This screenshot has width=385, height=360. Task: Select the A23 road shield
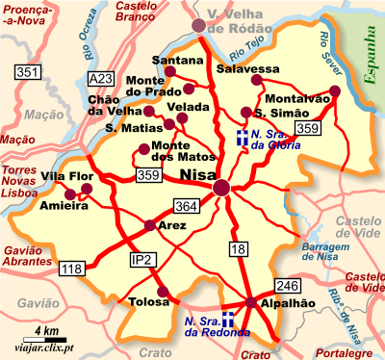pos(99,78)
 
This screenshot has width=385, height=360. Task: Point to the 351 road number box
pos(28,72)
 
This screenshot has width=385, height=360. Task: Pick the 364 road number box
pos(186,205)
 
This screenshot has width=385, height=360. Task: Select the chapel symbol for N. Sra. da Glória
pos(243,136)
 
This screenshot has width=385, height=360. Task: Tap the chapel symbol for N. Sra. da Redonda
pos(229,320)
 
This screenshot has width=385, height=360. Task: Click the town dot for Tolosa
pos(162,292)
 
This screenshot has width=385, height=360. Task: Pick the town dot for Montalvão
pos(334,92)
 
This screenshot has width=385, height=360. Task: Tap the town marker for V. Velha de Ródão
pos(199,26)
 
